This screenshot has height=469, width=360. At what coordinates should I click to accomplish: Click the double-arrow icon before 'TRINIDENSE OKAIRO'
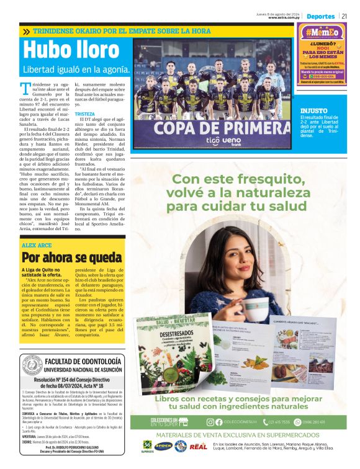[x=26, y=30]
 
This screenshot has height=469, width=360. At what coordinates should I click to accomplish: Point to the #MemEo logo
[x=322, y=33]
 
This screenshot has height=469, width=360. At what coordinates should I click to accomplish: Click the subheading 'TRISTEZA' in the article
[x=85, y=114]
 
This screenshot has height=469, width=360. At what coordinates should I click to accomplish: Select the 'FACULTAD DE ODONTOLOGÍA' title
[x=84, y=361]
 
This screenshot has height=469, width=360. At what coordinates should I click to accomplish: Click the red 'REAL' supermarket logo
[x=199, y=446]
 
